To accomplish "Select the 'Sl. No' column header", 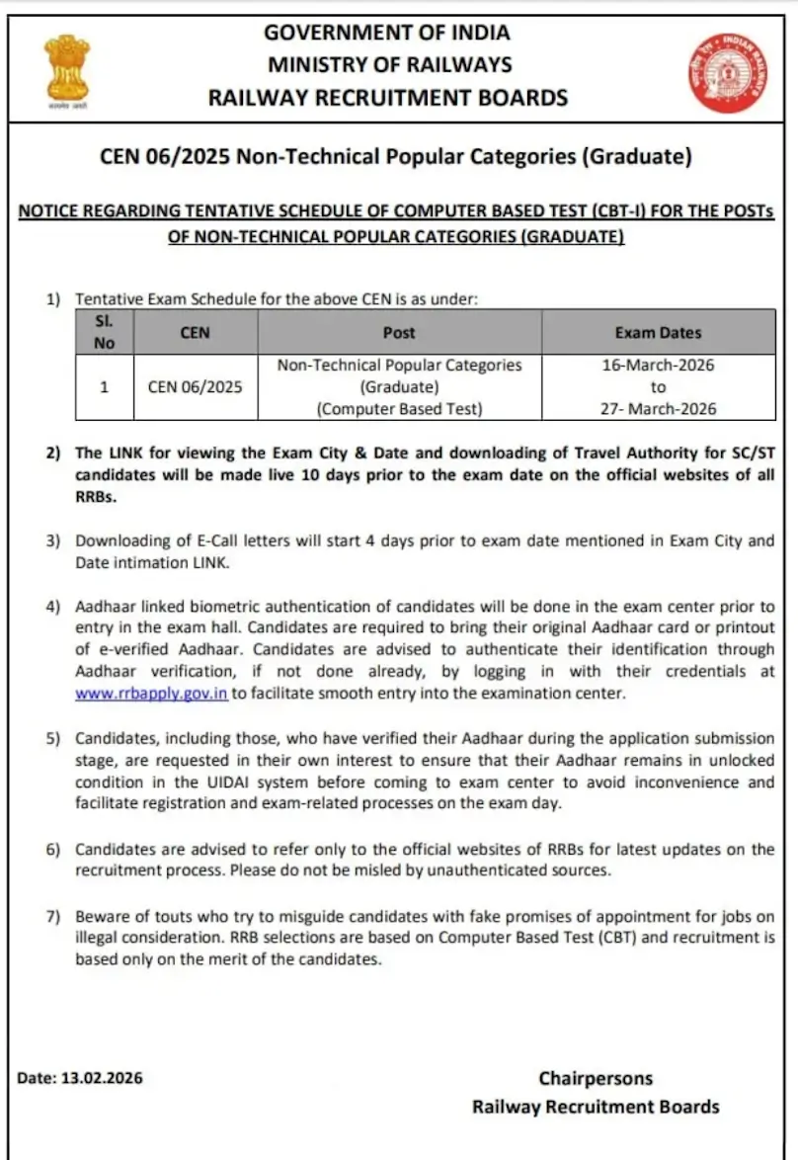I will pos(105,332).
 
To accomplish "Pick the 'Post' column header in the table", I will pos(399,333).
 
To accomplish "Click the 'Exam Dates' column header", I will pos(658,333).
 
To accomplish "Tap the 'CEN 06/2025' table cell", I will pos(195,386).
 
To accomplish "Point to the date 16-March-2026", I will pos(658,365).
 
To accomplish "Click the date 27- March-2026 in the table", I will pos(658,408).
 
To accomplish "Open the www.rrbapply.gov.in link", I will pos(152,694).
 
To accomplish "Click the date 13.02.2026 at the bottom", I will pos(102,1078).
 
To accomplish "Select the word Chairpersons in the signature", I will pos(596,1078).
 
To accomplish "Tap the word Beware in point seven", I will pos(102,916).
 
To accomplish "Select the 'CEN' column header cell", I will pos(195,333).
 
